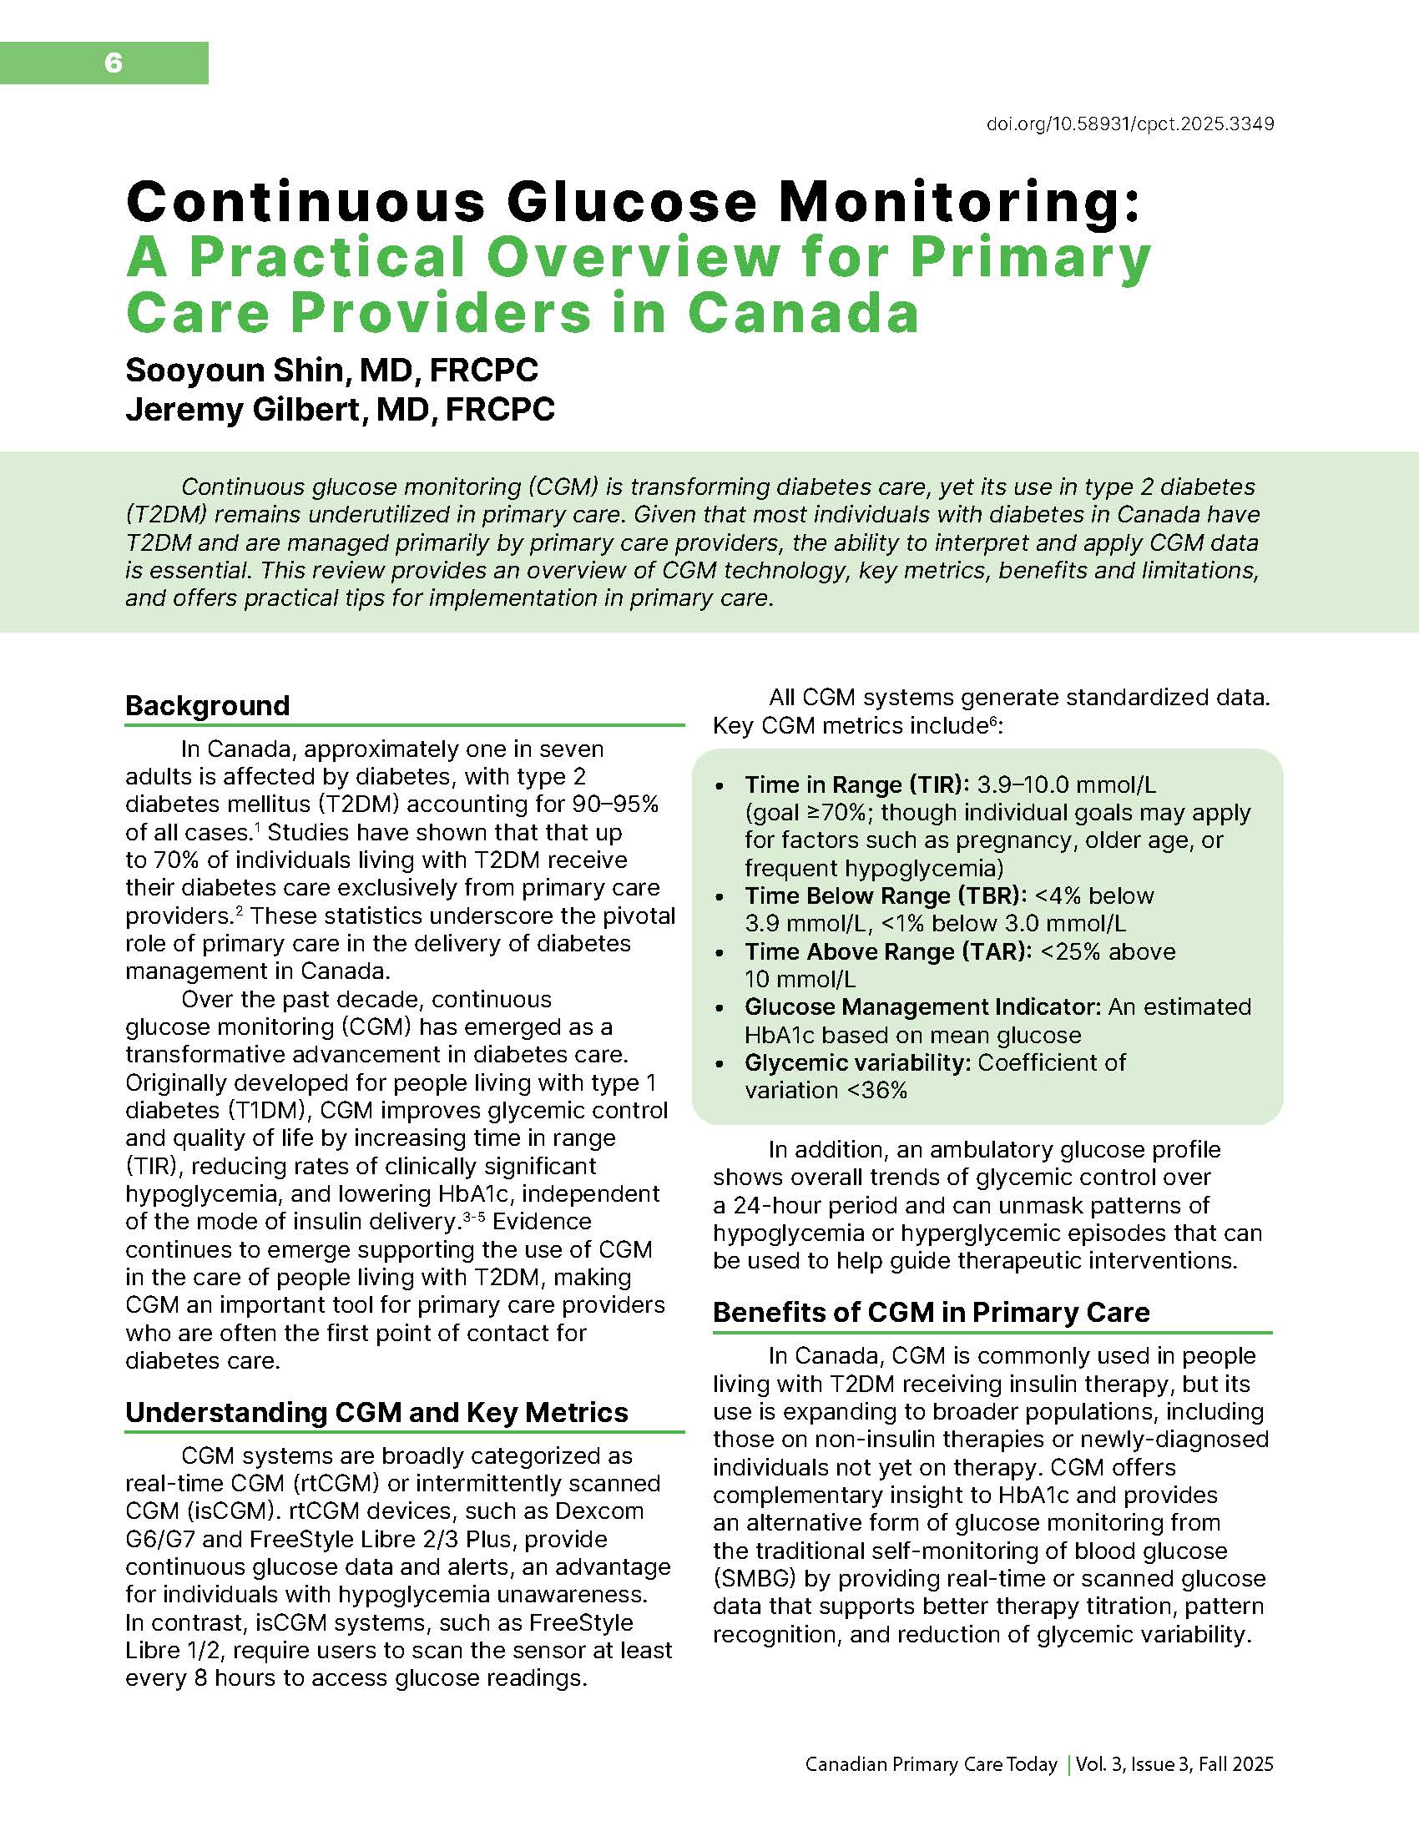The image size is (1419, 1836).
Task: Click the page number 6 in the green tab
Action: point(114,63)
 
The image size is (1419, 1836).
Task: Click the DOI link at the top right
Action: point(1130,124)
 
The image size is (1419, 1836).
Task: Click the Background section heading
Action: point(207,705)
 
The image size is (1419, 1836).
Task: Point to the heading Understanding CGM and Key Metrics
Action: point(376,1412)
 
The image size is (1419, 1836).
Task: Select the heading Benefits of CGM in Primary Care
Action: point(931,1312)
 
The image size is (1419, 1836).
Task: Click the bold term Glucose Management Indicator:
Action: point(922,1007)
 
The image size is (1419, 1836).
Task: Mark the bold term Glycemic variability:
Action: point(857,1062)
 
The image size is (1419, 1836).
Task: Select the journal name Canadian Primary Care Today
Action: point(931,1763)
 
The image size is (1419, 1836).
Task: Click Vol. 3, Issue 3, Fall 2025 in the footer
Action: point(1174,1763)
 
